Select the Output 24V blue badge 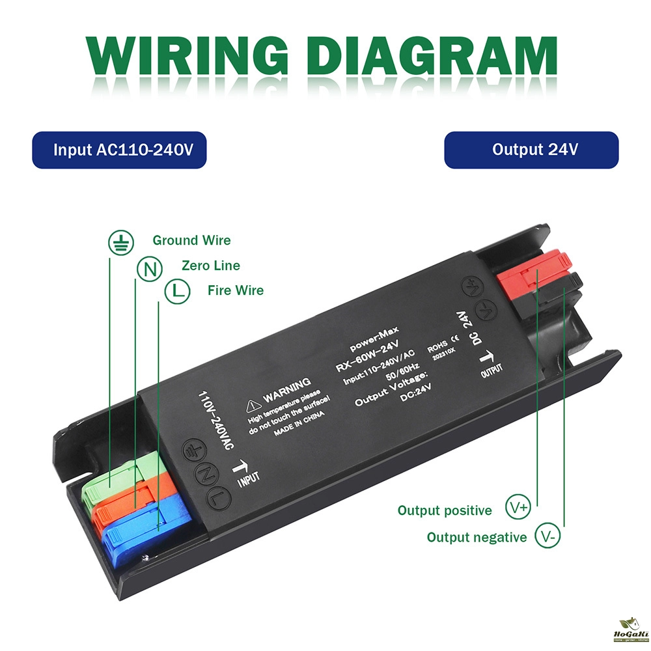531,150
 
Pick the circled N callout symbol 149,268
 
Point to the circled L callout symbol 176,292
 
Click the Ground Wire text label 191,241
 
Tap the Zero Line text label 210,266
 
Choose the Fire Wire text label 236,290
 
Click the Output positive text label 445,511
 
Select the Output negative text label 477,538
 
